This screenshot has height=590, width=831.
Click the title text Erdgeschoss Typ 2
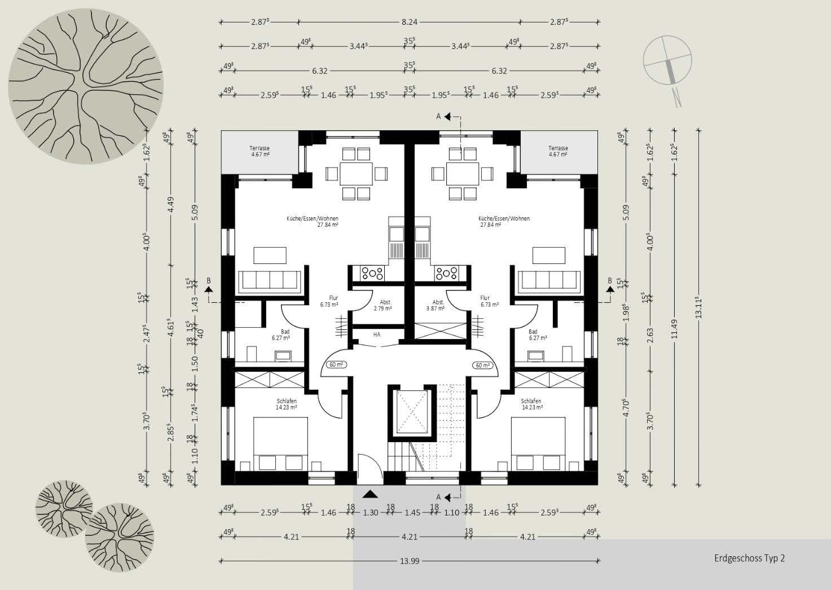click(x=749, y=558)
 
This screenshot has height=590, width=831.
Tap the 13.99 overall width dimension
click(x=410, y=561)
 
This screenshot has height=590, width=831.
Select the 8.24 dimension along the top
click(x=410, y=22)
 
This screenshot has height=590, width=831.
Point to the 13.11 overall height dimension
click(x=699, y=307)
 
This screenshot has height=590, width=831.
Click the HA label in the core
click(x=377, y=334)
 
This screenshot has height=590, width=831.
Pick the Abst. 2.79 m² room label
click(x=382, y=305)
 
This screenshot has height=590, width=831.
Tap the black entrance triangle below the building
click(x=370, y=494)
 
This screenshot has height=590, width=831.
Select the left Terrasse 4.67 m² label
click(x=259, y=151)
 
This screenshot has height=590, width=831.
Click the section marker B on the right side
click(x=609, y=284)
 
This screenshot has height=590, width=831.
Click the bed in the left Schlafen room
click(x=280, y=443)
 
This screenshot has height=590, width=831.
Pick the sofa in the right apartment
click(x=550, y=280)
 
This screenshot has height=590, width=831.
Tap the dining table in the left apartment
click(x=356, y=173)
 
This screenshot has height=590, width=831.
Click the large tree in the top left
click(x=86, y=86)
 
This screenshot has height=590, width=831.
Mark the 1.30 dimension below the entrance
click(x=370, y=513)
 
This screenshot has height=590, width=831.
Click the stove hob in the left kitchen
click(x=372, y=274)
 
